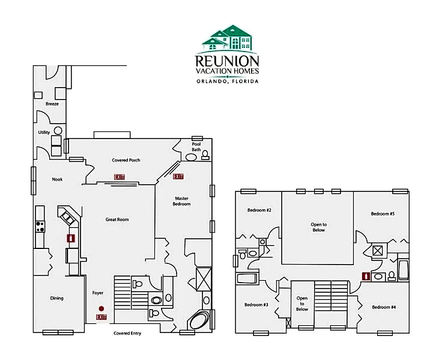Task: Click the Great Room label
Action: [x=117, y=220]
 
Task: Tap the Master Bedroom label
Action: [x=181, y=201]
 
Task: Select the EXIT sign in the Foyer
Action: [x=101, y=317]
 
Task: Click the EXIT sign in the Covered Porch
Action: [x=120, y=177]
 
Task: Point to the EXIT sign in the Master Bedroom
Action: [x=178, y=176]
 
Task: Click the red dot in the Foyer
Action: [x=101, y=309]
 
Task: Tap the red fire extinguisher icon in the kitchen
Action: [x=71, y=238]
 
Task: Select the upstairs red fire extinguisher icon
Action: [x=366, y=276]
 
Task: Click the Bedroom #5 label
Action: [x=383, y=214]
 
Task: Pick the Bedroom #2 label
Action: [x=259, y=210]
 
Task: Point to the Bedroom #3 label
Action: [x=256, y=305]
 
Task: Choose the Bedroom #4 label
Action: [x=384, y=307]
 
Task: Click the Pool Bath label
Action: [x=196, y=147]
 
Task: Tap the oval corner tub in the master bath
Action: [x=199, y=320]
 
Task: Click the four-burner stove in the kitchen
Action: [x=40, y=226]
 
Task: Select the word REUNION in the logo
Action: [x=227, y=61]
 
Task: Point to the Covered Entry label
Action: [x=127, y=333]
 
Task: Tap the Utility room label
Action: [x=44, y=133]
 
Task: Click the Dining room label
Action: [x=56, y=298]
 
